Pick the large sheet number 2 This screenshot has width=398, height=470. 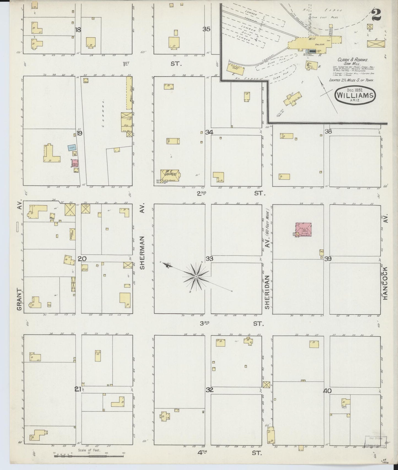click(376, 15)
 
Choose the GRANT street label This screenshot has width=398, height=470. click(19, 300)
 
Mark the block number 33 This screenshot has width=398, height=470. click(210, 259)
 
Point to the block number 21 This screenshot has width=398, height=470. click(78, 389)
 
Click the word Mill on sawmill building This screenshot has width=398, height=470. click(312, 39)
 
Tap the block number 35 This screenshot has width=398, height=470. click(207, 29)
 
